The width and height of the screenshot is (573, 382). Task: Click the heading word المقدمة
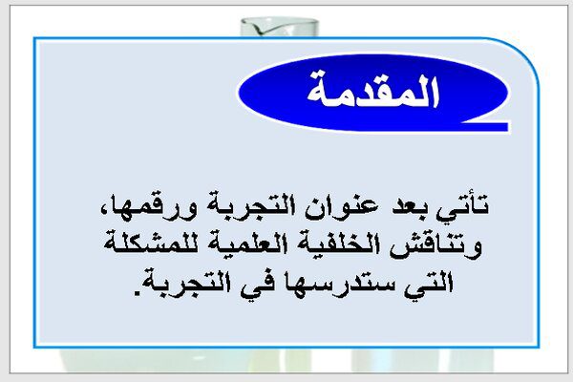(372, 92)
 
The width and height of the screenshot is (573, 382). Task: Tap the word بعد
(411, 206)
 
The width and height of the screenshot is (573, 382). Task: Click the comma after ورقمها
(104, 209)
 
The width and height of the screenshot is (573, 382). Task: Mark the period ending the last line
(137, 292)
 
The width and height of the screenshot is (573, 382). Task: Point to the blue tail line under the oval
(485, 126)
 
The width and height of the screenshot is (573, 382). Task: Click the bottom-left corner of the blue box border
(34, 347)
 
